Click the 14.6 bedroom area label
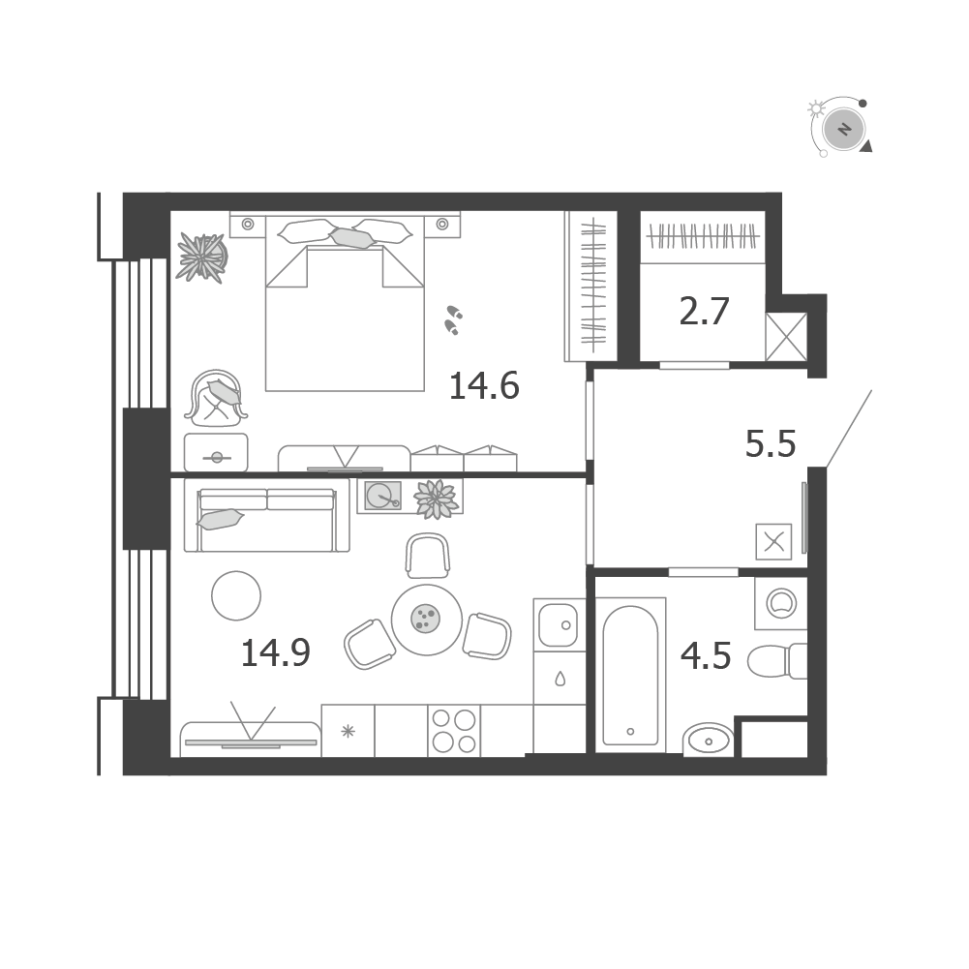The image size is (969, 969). click(x=484, y=385)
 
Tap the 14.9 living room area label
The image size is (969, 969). click(x=275, y=652)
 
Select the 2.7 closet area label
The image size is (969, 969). click(x=704, y=311)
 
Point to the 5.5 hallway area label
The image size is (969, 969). click(x=770, y=443)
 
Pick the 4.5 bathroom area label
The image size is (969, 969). click(x=705, y=655)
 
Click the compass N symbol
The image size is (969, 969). click(x=844, y=130)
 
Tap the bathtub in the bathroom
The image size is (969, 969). click(x=630, y=675)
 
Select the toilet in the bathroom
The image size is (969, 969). click(x=777, y=660)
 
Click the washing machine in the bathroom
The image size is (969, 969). click(x=781, y=603)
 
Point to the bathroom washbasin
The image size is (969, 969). click(x=709, y=740)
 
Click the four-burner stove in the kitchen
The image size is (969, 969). click(x=454, y=731)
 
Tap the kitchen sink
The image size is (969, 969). click(x=559, y=624)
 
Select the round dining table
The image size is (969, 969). click(x=426, y=620)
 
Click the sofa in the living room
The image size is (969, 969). click(x=267, y=515)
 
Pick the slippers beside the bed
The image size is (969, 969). click(x=454, y=319)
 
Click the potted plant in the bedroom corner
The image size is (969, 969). click(x=201, y=257)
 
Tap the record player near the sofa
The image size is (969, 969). click(x=382, y=496)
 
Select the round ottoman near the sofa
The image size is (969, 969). click(x=236, y=595)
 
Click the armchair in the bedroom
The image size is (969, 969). click(x=216, y=399)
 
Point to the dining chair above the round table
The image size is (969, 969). click(x=428, y=556)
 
